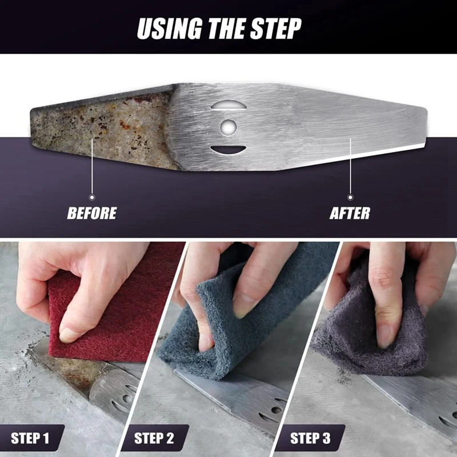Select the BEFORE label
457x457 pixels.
(x=92, y=214)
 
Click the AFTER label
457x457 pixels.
(x=350, y=214)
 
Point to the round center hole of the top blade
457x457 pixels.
(x=228, y=126)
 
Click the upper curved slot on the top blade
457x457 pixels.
(x=228, y=105)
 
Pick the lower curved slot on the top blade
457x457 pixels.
(x=228, y=150)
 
